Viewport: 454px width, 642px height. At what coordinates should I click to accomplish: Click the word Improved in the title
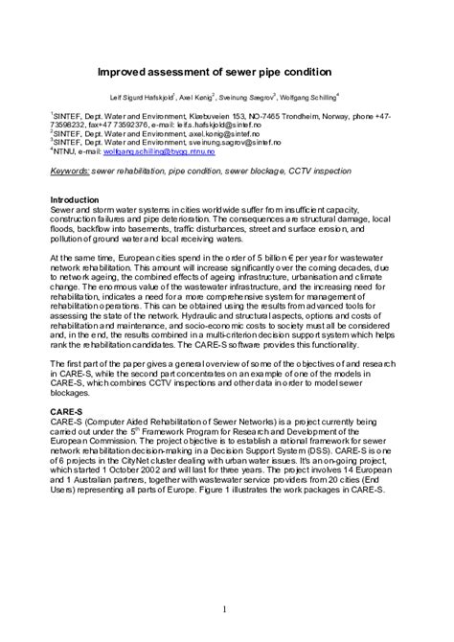click(x=127, y=71)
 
